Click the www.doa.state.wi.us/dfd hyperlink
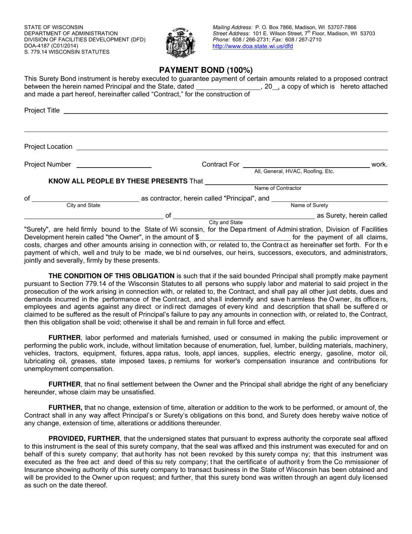point(252,46)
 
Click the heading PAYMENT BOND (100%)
point(206,70)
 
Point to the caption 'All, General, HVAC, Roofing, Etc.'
point(294,171)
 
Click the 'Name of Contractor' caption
point(278,188)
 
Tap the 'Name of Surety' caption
point(309,205)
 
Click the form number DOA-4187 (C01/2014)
point(51,46)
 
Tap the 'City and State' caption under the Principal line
point(83,205)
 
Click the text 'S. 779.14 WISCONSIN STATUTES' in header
point(67,52)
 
